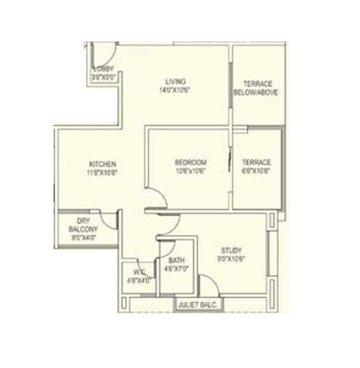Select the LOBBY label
pos(102,70)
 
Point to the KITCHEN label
pos(102,164)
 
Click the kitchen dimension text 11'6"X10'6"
pos(102,173)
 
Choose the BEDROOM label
pos(190,162)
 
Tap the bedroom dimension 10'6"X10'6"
pos(190,171)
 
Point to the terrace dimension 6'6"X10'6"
pos(256,171)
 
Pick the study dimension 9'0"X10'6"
pos(231,259)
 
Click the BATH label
pos(176,260)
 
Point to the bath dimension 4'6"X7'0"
pos(176,269)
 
